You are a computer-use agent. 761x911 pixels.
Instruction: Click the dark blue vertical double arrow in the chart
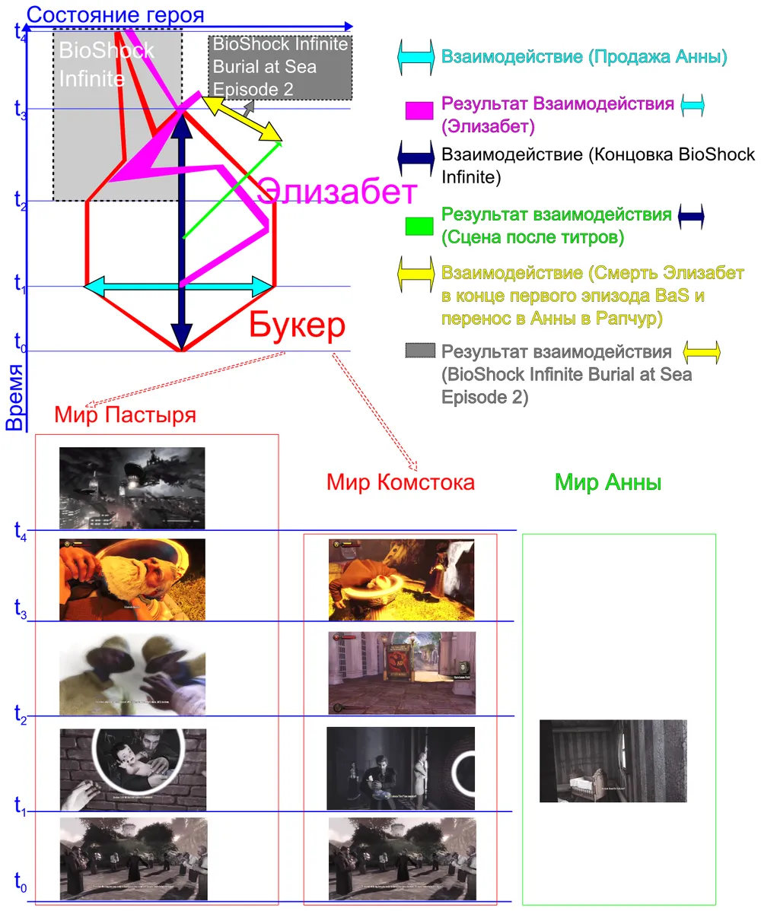click(181, 228)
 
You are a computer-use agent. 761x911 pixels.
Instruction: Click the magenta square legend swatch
click(419, 111)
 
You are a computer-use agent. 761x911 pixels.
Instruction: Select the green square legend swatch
click(419, 226)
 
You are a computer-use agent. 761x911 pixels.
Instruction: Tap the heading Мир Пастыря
click(126, 415)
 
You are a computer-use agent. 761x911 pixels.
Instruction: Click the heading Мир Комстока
click(400, 481)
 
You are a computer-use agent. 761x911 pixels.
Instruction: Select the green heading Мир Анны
click(607, 482)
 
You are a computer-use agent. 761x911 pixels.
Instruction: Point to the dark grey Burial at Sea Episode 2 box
click(280, 67)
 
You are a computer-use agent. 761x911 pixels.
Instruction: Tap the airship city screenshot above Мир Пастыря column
click(132, 487)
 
